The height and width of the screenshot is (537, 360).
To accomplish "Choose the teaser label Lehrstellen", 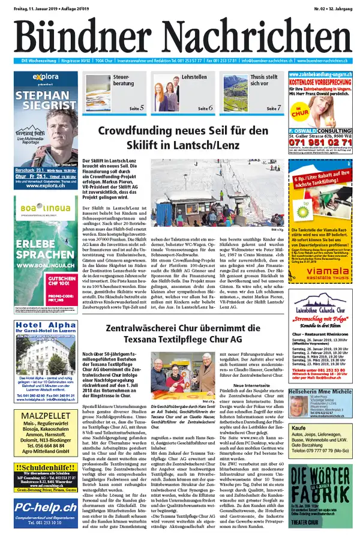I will point(194,78).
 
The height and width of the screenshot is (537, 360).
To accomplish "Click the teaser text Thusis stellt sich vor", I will point(263,81).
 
